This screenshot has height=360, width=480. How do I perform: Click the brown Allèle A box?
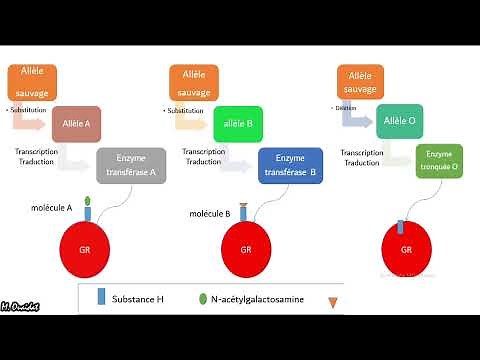(x=76, y=124)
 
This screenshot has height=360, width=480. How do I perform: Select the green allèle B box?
(x=237, y=124)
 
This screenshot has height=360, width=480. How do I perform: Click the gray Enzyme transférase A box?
(x=131, y=164)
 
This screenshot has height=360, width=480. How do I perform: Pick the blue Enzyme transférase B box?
(x=290, y=165)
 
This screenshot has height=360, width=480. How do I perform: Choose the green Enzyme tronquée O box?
(x=441, y=161)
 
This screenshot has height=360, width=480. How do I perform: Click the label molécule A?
(x=55, y=209)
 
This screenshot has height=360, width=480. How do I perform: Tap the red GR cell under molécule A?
(x=88, y=249)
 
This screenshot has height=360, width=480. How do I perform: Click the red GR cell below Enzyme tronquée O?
(x=407, y=249)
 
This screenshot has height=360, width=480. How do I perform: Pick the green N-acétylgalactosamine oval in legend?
(x=203, y=298)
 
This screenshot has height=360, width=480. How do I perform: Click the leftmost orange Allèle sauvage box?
(x=32, y=83)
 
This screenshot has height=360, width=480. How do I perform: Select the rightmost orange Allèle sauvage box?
(x=361, y=83)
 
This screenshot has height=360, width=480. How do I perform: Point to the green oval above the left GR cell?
(x=88, y=201)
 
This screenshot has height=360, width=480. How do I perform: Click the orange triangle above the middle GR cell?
(x=246, y=206)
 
